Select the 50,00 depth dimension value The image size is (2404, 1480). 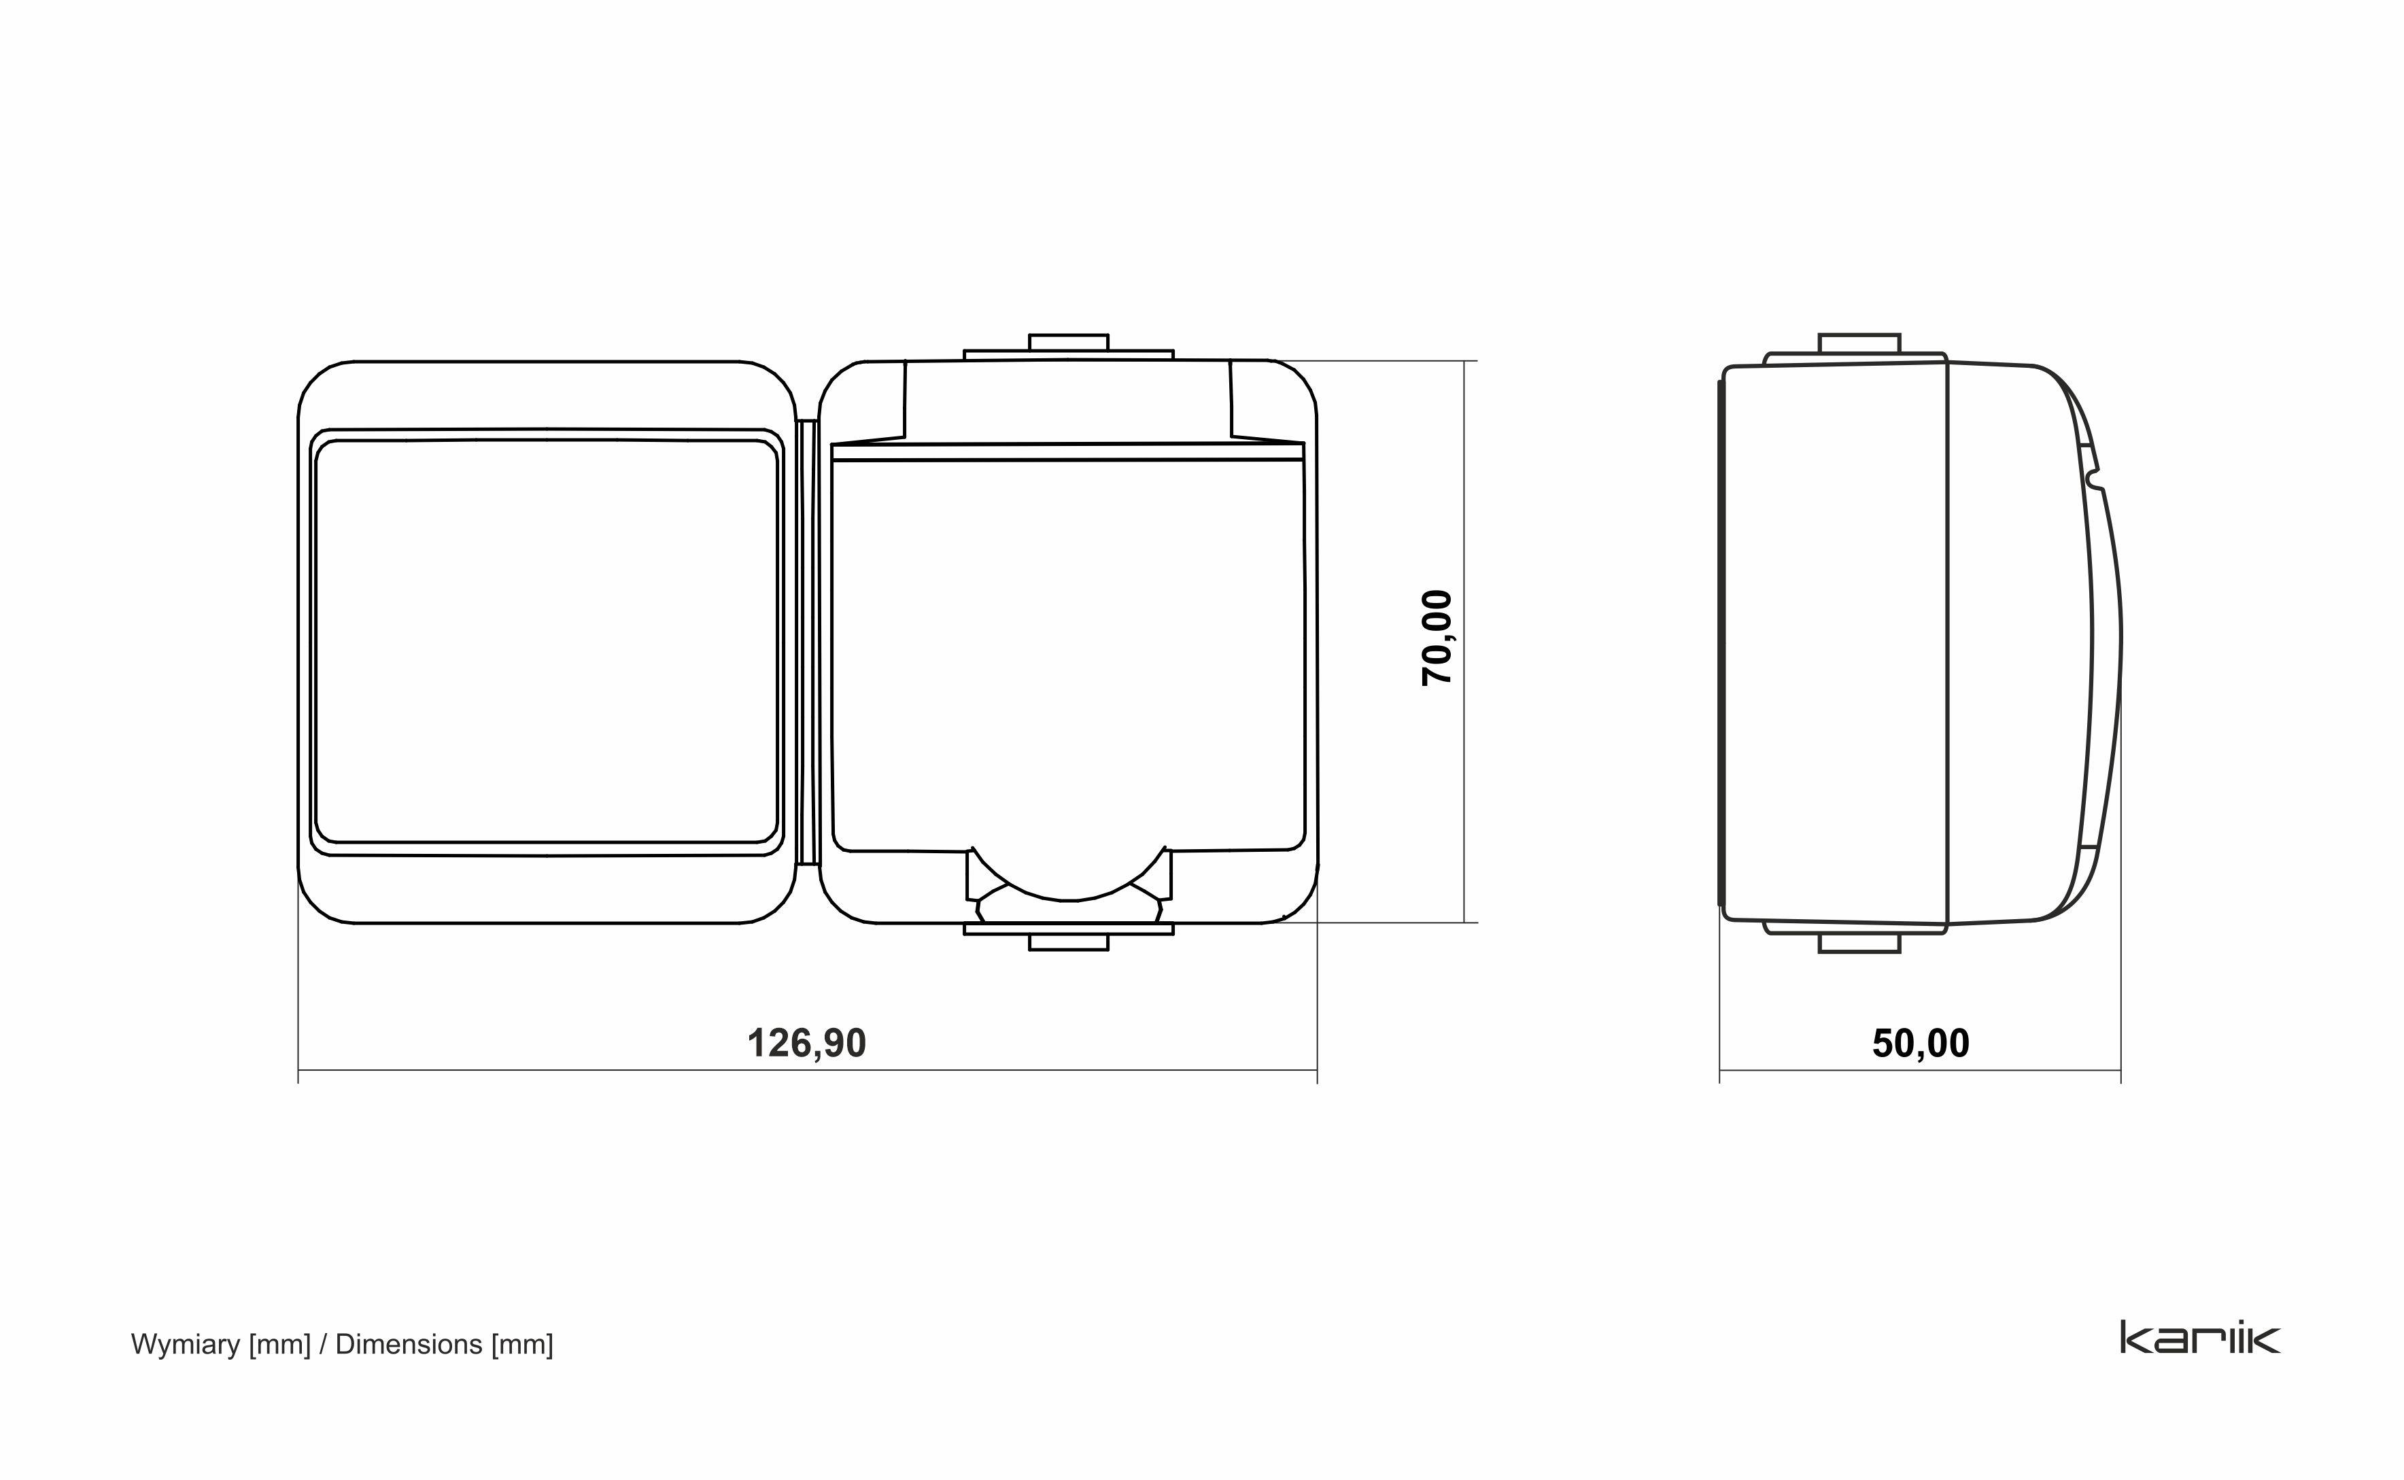(1921, 1044)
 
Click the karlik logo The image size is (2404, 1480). (2199, 1337)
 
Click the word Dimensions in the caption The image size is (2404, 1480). (408, 1344)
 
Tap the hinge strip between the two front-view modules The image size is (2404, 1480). (808, 642)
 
